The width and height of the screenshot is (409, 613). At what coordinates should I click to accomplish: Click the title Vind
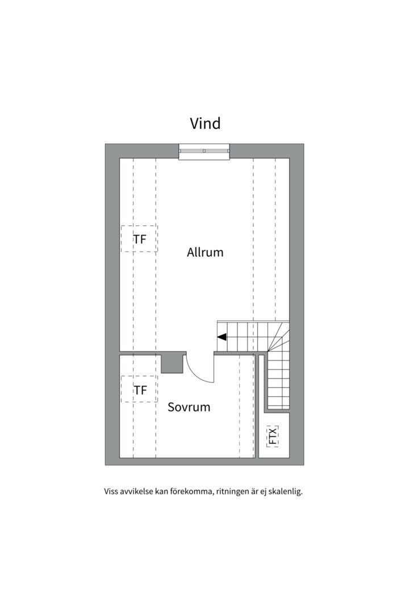[205, 123]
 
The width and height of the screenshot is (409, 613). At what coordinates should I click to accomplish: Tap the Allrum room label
[205, 252]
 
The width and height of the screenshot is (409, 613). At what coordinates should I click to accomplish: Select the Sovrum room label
[189, 407]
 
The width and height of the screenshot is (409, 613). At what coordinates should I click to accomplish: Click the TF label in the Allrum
[140, 240]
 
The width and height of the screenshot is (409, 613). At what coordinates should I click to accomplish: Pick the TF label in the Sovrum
[140, 390]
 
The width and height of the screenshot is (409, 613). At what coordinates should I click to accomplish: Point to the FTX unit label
[273, 436]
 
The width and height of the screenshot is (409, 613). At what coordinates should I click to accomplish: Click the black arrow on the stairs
[222, 337]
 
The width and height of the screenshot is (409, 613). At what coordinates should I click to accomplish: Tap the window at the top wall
[204, 152]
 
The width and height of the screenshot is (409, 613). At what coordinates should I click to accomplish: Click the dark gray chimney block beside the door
[172, 362]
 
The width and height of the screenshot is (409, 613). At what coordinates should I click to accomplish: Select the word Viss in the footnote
[110, 492]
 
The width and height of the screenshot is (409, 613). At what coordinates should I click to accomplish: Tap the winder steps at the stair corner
[279, 340]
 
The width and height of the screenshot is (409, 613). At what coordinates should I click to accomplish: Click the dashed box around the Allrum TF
[121, 238]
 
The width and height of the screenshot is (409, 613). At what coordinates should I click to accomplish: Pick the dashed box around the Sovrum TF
[121, 389]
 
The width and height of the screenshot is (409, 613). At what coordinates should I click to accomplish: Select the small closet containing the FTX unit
[274, 435]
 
